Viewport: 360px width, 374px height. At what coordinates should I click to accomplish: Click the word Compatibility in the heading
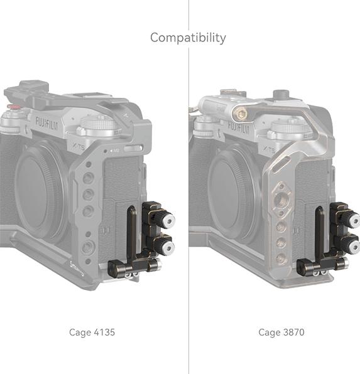point(188,38)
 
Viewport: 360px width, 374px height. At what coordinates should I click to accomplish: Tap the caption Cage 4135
point(92,332)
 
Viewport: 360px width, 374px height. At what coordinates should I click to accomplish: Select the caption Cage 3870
point(281,332)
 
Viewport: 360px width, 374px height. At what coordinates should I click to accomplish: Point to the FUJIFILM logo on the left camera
point(47,123)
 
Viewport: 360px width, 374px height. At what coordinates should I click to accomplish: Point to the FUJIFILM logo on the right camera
point(239,128)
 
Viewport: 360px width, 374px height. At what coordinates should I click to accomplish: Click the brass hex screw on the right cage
point(240,112)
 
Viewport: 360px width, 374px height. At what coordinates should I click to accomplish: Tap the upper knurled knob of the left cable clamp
point(165,219)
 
